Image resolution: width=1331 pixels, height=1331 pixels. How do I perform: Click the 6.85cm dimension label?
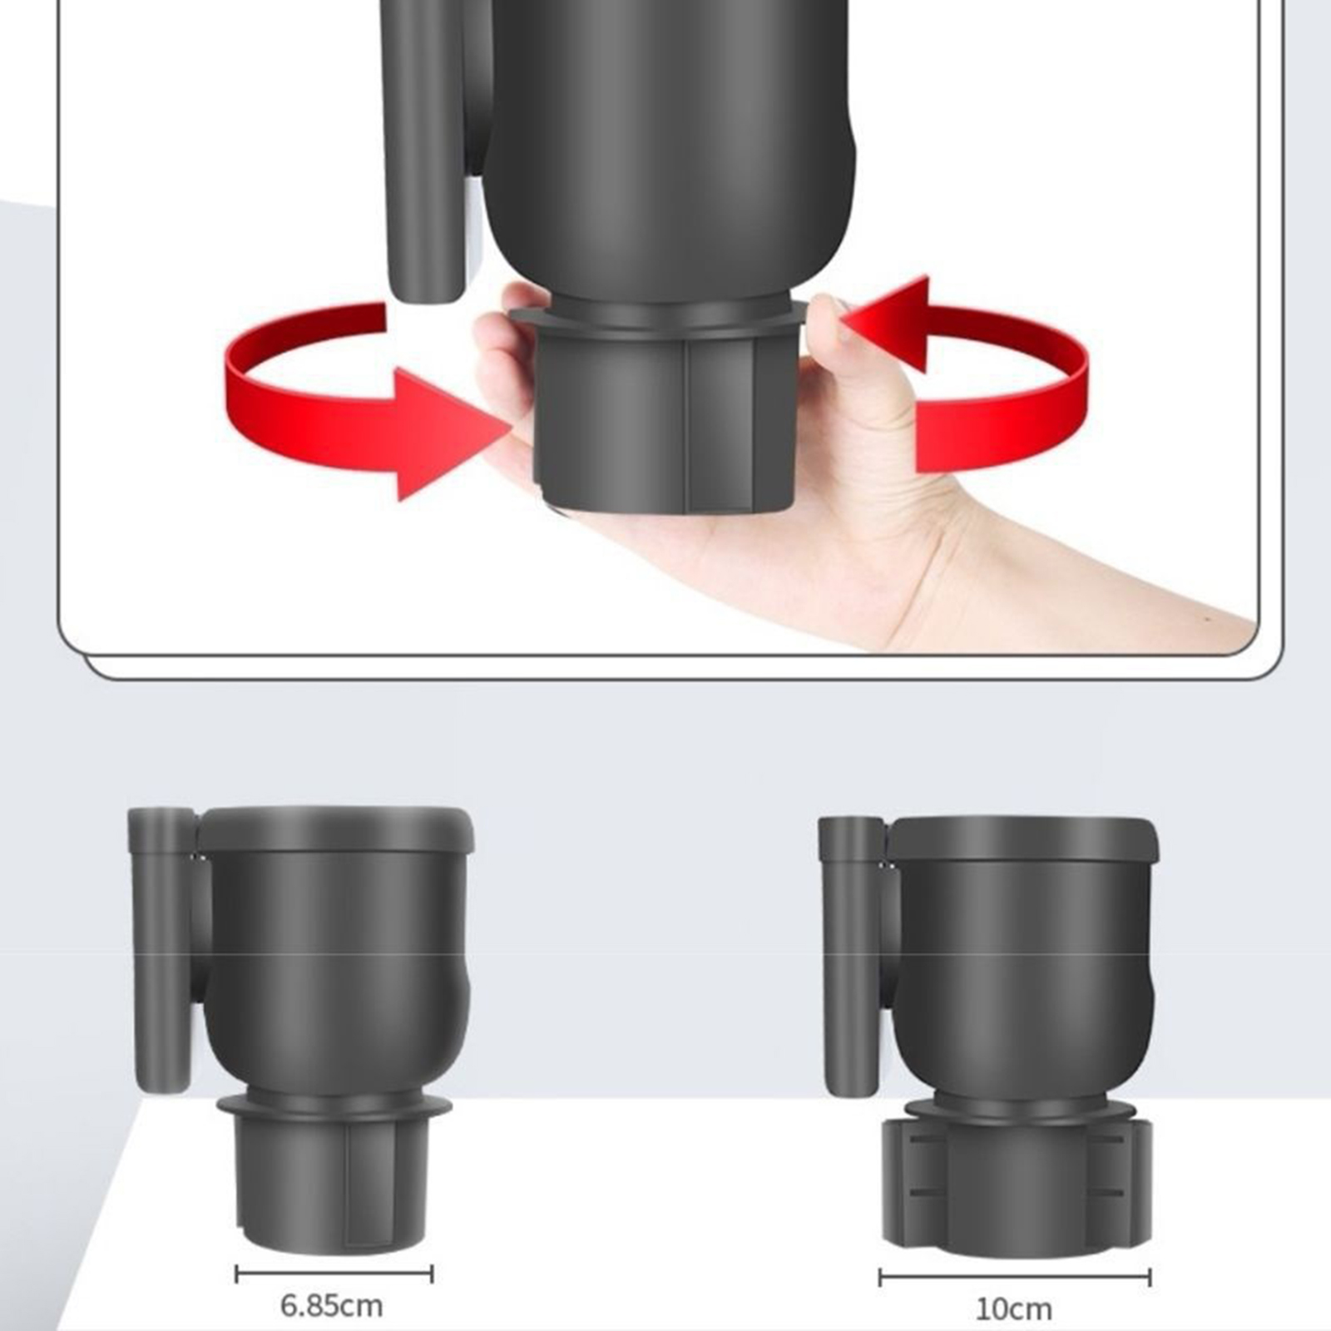[331, 1305]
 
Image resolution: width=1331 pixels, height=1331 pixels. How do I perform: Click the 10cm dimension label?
[1012, 1309]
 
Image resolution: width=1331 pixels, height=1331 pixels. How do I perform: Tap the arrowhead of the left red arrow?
[453, 434]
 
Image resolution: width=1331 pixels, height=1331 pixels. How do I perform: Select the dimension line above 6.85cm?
[334, 1274]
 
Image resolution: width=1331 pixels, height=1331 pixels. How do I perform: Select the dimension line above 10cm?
[1015, 1277]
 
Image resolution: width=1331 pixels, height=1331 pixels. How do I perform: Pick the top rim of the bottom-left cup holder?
[335, 829]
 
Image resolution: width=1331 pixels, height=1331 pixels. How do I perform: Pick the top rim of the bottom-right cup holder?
[1023, 839]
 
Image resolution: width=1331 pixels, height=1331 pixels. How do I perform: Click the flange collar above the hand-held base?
[658, 315]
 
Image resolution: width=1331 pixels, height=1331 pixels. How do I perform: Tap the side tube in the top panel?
[424, 150]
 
